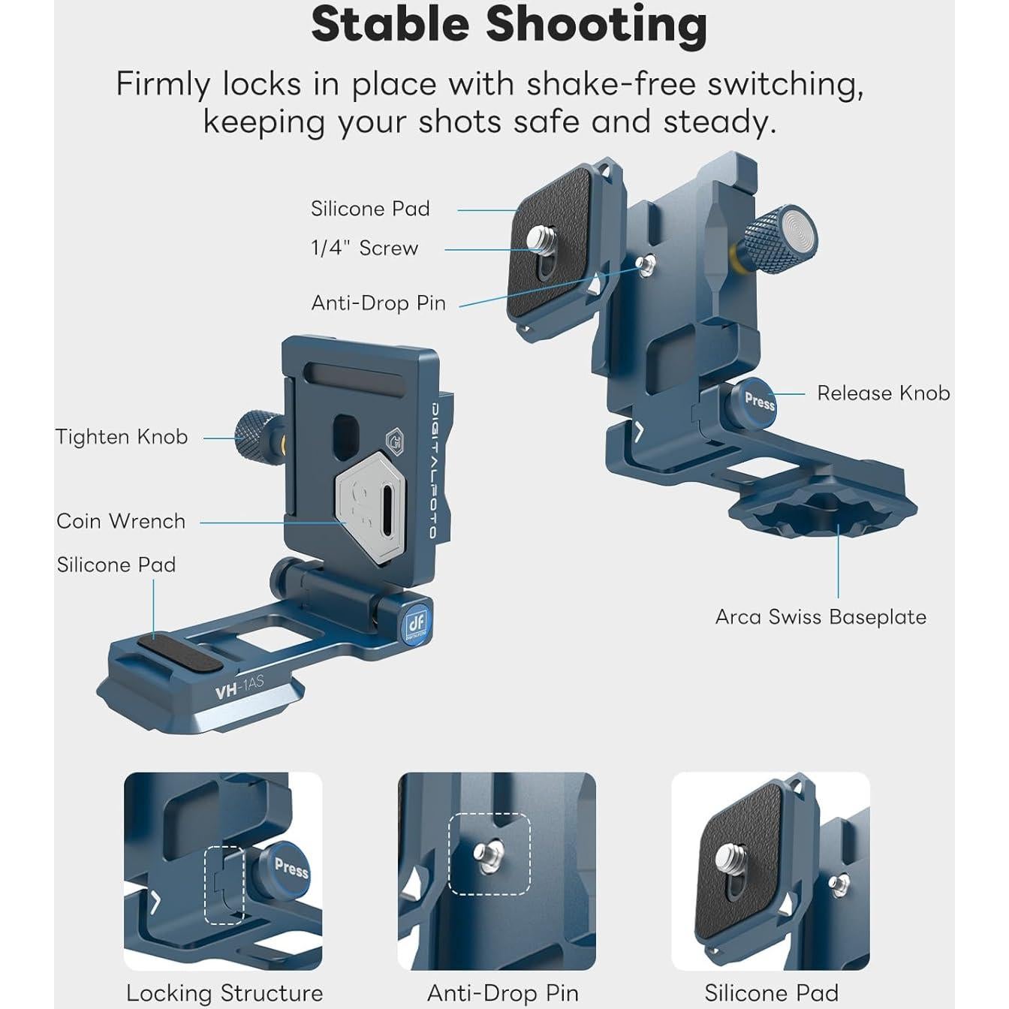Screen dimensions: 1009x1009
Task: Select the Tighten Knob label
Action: coord(122,437)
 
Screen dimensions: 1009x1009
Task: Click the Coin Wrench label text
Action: coord(121,521)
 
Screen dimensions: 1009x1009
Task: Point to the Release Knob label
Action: coord(883,393)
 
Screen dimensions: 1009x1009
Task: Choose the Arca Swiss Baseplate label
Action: coord(821,617)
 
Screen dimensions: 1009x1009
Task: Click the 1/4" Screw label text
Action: coord(365,248)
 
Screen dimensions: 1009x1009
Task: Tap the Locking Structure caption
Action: coord(224,992)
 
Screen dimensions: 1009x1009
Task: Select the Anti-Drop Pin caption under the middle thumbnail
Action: coord(502,992)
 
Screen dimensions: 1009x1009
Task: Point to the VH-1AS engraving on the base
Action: coord(239,687)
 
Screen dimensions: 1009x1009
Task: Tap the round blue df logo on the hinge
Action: coord(415,623)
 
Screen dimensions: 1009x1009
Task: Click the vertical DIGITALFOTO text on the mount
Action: coord(433,470)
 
